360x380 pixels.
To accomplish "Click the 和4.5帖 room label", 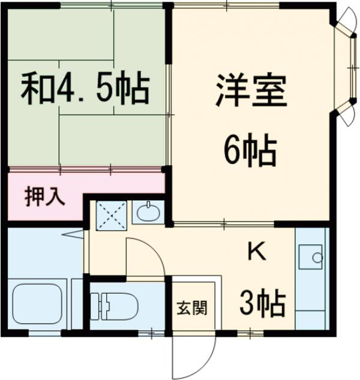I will [85, 89].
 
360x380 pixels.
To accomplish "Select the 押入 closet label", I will [45, 198].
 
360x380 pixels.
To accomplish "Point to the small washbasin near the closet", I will [148, 212].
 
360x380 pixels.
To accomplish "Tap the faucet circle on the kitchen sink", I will [317, 258].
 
